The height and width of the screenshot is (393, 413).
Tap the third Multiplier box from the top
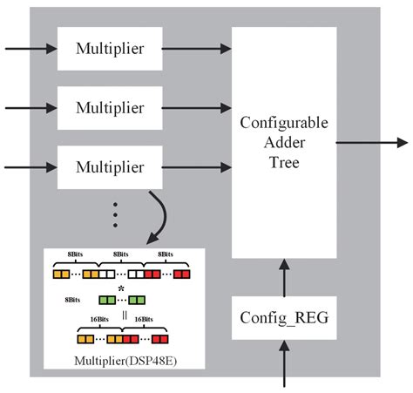tap(109, 166)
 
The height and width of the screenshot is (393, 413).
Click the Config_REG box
tap(283, 317)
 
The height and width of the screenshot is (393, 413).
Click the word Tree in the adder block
tap(284, 162)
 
